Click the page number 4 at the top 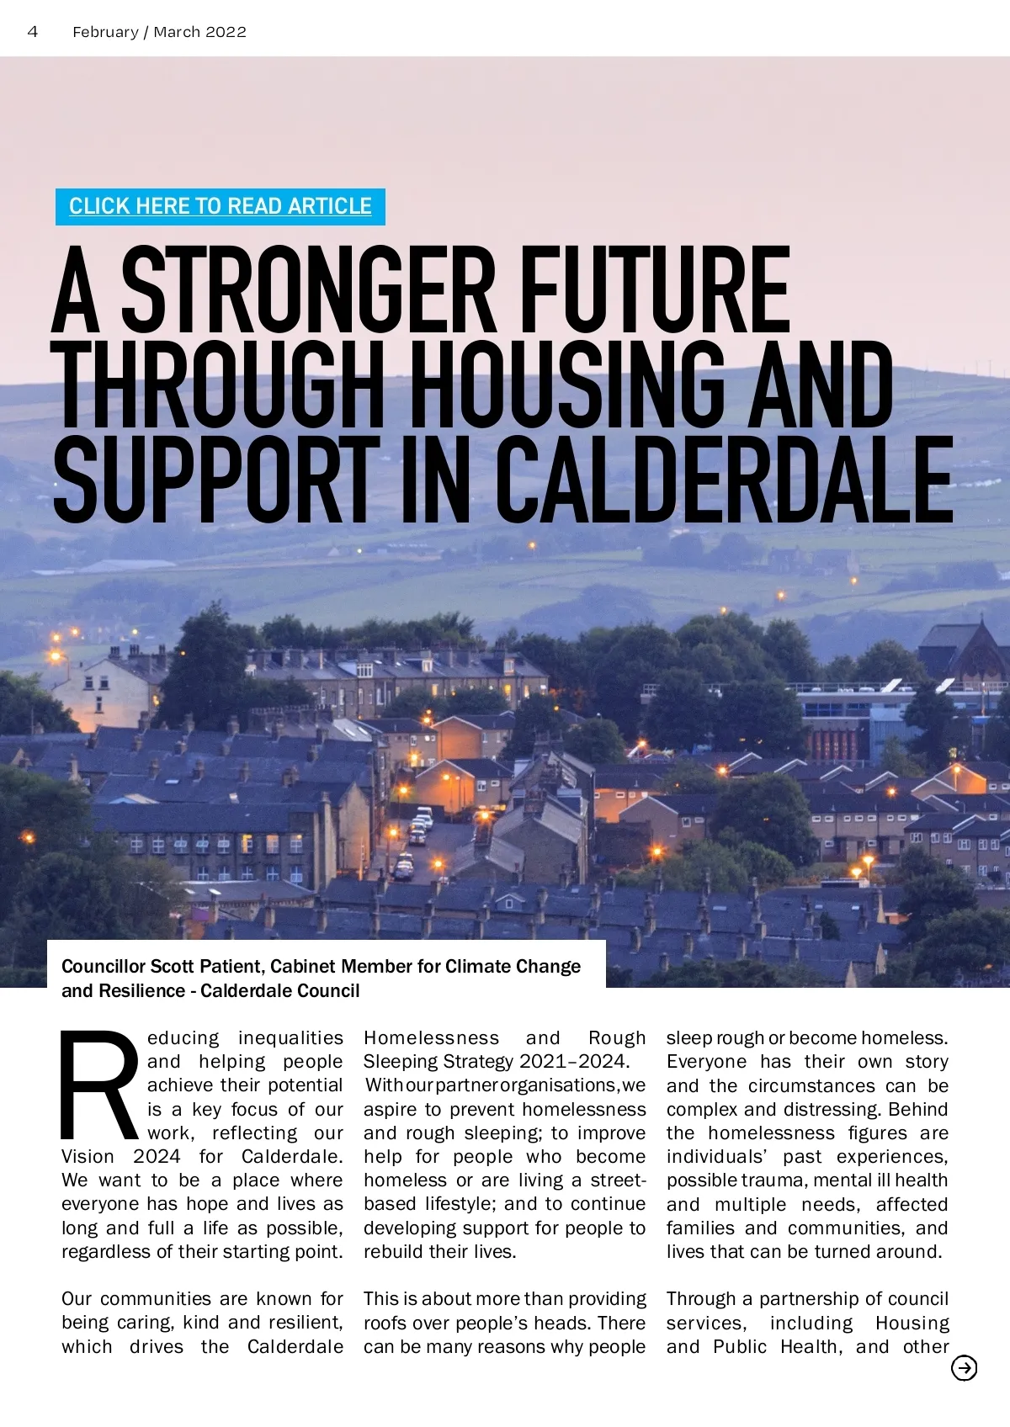33,32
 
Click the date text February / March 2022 159,32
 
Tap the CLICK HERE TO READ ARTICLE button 220,207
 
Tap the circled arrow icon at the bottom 964,1369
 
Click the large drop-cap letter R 99,1085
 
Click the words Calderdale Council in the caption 280,991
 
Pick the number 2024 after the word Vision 157,1157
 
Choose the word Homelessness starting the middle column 431,1038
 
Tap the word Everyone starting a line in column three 706,1062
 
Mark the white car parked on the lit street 424,814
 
